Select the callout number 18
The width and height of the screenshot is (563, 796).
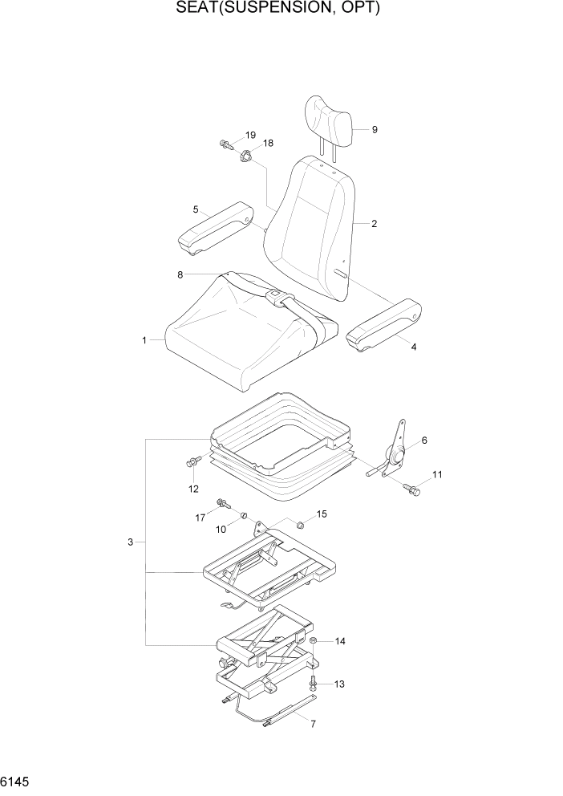pos(268,144)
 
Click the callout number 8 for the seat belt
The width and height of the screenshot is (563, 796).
pos(180,274)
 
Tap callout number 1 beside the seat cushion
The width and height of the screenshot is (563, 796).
pos(144,340)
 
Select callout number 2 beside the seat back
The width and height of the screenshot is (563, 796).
pos(374,224)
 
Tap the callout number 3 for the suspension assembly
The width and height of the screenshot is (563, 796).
pos(130,543)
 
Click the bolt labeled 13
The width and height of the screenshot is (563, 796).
pos(313,683)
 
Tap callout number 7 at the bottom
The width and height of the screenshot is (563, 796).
pos(313,724)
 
